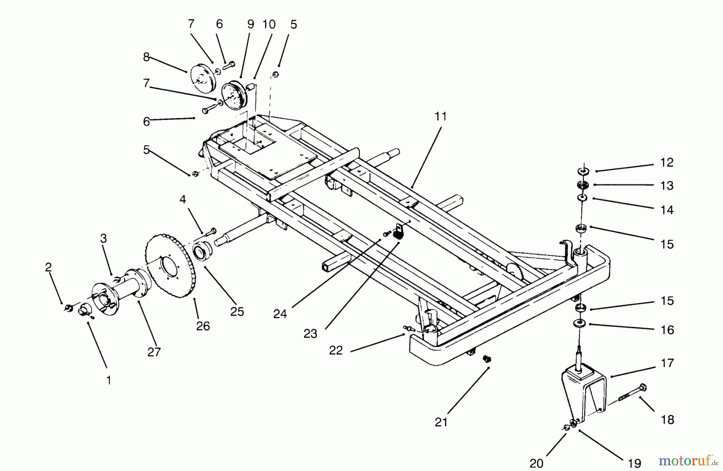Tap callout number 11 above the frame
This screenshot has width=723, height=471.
[441, 116]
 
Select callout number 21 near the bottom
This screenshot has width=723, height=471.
[441, 422]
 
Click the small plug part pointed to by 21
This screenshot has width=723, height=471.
[487, 359]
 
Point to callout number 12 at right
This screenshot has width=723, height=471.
[667, 163]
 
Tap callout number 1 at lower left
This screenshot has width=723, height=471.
[108, 380]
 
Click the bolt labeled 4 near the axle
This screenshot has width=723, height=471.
[211, 231]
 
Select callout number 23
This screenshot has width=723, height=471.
[310, 334]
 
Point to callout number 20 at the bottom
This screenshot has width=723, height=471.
[536, 463]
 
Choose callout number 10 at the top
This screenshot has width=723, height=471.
[269, 24]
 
